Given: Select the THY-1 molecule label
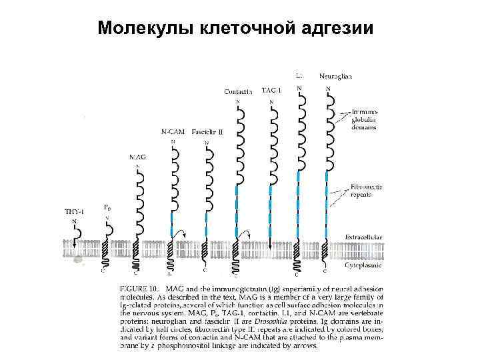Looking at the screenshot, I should click(74, 212).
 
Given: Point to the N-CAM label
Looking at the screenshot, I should click(173, 132).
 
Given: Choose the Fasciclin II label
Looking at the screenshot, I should click(207, 132).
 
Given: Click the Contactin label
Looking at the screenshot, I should click(239, 92).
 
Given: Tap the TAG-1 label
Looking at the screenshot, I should click(271, 89).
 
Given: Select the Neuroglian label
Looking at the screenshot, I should click(335, 76).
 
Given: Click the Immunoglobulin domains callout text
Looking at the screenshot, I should click(364, 119).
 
